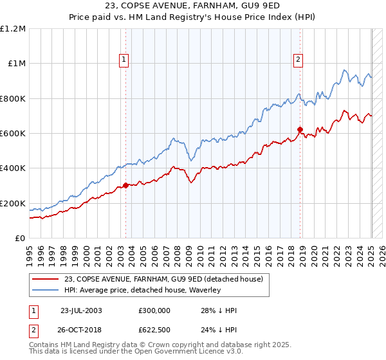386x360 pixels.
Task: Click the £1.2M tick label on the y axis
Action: point(14,29)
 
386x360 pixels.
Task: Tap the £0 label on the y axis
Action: point(21,239)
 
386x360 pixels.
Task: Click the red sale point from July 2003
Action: point(126,186)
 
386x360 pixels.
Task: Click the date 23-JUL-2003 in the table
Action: point(81,310)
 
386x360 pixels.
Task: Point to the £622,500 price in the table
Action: point(154,328)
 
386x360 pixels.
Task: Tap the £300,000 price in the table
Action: point(154,310)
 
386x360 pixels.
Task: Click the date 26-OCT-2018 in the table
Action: point(82,328)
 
